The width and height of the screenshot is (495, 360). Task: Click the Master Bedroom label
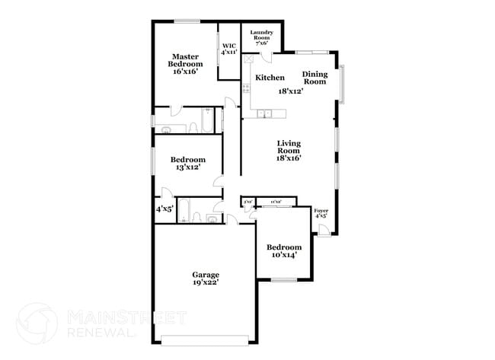tap(185, 64)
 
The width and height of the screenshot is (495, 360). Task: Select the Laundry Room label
tap(261, 38)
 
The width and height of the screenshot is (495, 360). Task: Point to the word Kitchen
tap(270, 78)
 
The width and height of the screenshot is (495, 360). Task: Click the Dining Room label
tap(315, 78)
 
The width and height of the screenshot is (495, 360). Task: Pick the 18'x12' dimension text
tap(291, 91)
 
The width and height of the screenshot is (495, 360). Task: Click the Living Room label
tap(289, 151)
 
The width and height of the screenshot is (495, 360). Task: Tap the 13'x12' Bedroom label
tap(187, 163)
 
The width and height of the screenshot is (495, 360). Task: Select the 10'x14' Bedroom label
tap(283, 250)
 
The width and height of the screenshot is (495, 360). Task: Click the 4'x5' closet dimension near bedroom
tap(165, 209)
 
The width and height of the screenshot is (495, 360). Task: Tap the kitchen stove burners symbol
tap(247, 88)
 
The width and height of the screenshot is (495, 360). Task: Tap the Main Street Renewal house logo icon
tap(37, 323)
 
